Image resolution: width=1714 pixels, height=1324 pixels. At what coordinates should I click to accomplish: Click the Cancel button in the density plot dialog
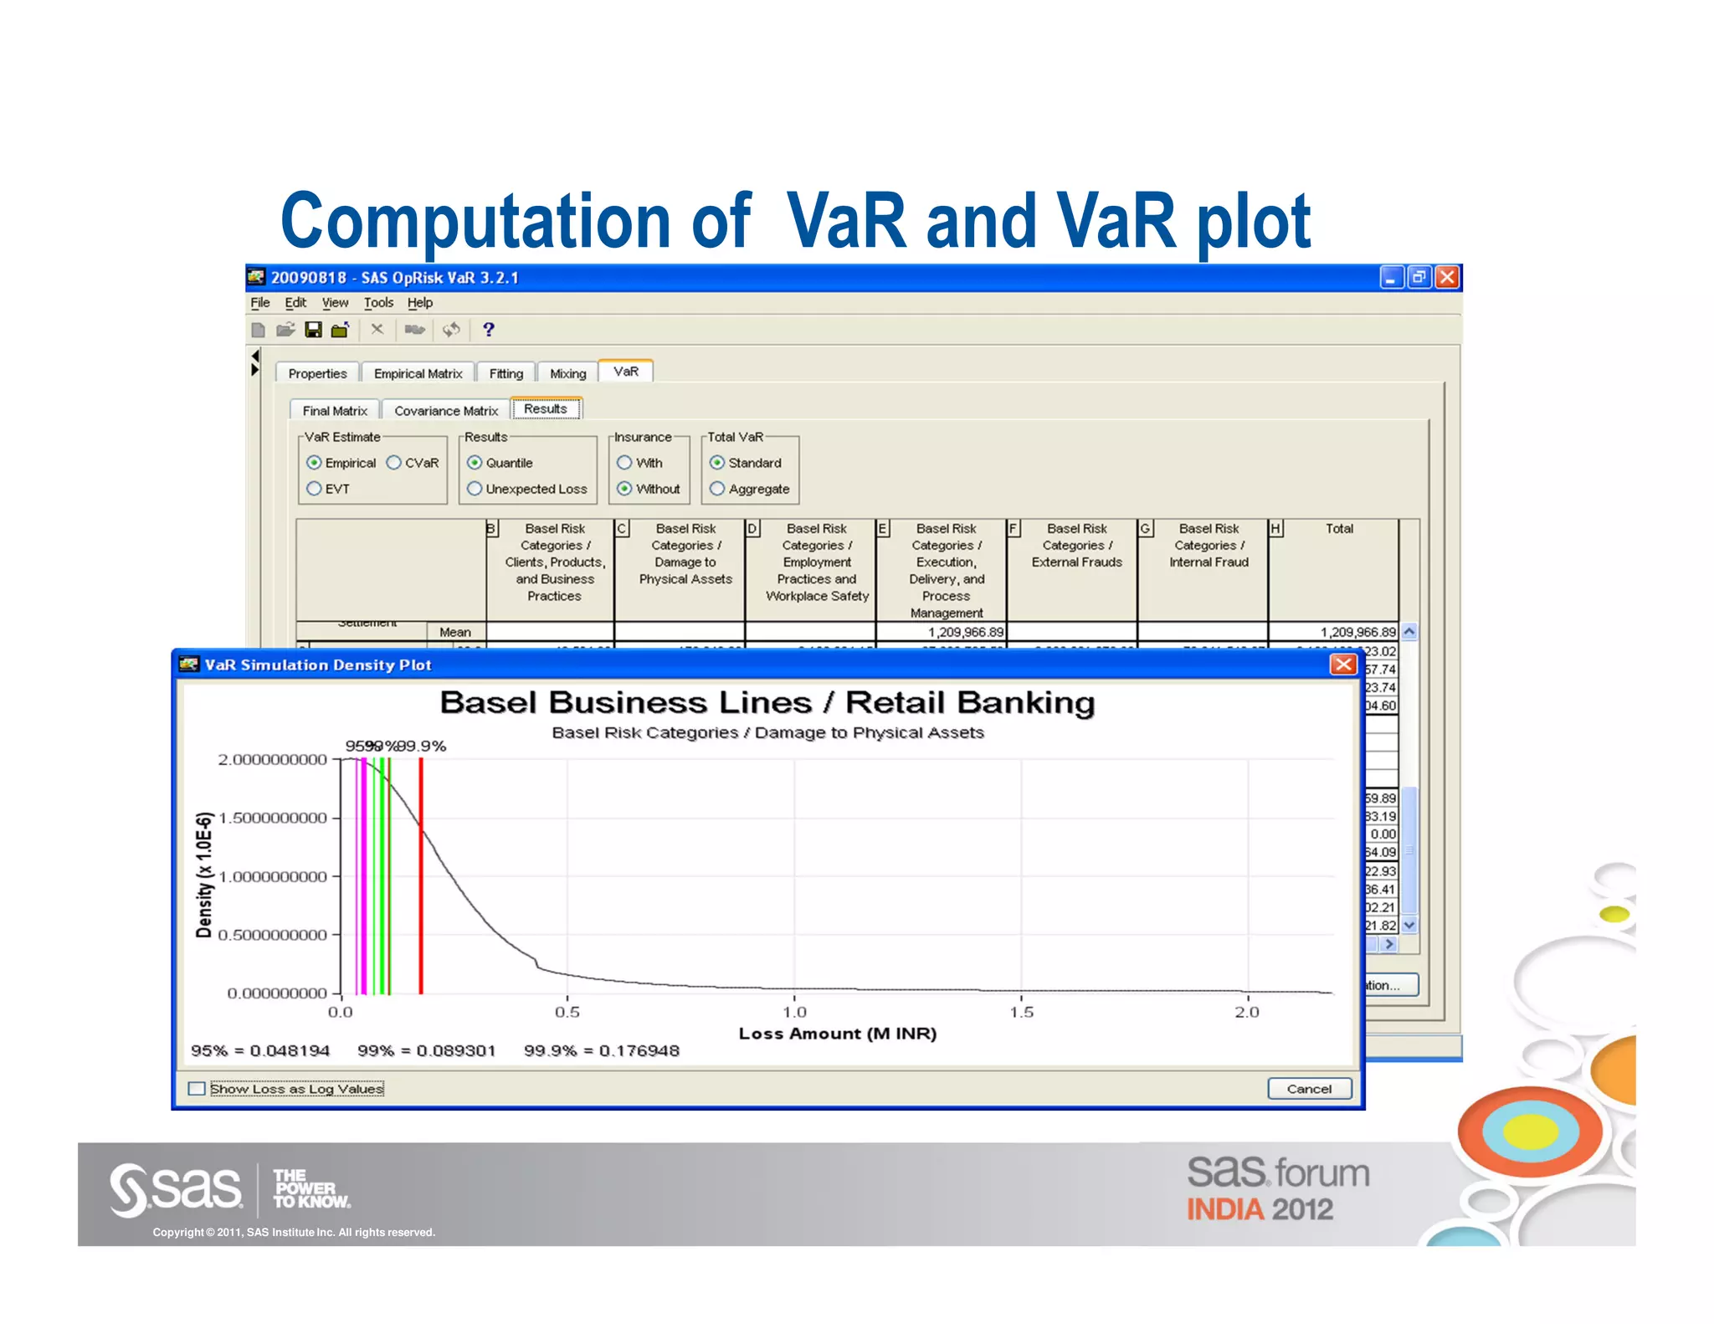tap(1309, 1088)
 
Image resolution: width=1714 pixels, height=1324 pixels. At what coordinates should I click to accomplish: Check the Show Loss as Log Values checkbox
tap(198, 1089)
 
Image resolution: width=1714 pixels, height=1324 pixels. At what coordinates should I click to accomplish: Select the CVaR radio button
tap(394, 463)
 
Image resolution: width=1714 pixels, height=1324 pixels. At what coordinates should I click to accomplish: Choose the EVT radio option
tap(315, 489)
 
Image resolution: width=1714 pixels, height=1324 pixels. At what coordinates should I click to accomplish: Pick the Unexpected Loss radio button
tap(475, 489)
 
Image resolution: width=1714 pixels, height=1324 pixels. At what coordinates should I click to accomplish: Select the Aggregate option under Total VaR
tap(717, 489)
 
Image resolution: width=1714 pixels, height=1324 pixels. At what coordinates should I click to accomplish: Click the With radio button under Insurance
tap(624, 463)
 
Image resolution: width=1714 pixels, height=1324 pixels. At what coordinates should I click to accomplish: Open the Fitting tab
tap(505, 373)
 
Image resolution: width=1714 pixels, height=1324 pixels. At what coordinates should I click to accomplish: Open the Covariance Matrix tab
tap(446, 411)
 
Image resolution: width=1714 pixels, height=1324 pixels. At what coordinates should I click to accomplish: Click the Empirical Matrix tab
tap(418, 373)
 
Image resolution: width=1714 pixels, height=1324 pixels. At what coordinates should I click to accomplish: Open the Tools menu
tap(378, 303)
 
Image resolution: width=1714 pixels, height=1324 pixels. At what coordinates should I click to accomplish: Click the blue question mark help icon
tap(489, 330)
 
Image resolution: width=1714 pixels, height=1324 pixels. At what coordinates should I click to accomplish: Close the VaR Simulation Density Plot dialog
tap(1342, 665)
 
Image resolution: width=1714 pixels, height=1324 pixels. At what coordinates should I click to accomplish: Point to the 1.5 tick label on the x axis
tap(1021, 1012)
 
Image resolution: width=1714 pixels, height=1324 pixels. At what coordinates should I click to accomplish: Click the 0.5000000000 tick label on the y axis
tap(272, 935)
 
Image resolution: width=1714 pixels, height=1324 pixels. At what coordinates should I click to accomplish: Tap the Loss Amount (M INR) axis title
tap(837, 1034)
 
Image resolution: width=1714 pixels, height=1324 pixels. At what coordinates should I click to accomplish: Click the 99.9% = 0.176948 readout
tap(601, 1050)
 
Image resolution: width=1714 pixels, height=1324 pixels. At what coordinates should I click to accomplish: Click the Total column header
tap(1339, 529)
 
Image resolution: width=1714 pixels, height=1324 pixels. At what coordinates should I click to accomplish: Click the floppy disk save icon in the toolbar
tap(313, 330)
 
